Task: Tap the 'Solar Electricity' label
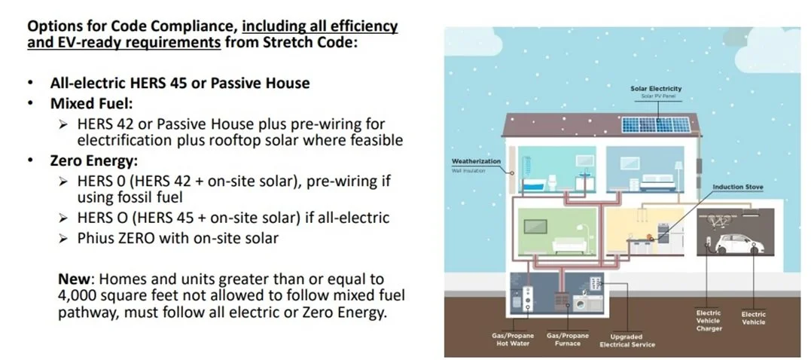[x=655, y=89]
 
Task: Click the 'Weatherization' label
[x=471, y=161]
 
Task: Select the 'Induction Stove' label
[x=738, y=186]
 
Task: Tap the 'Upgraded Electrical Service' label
[x=627, y=340]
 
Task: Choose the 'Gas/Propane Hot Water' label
[x=512, y=339]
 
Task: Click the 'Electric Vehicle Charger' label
[x=709, y=320]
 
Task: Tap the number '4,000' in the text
[x=80, y=296]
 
